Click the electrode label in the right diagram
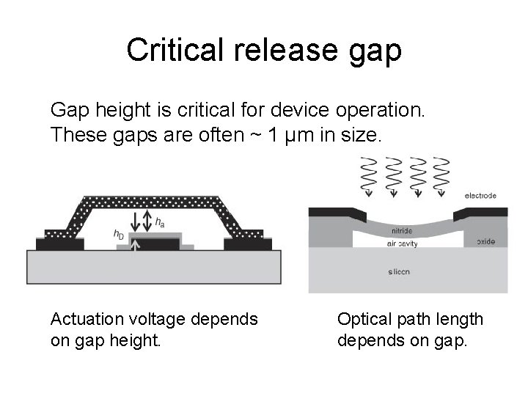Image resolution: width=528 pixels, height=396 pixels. pos(480,196)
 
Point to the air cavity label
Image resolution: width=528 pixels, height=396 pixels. pos(401,244)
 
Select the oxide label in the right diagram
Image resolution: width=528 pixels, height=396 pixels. pos(485,241)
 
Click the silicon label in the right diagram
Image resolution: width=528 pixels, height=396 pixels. pos(400,271)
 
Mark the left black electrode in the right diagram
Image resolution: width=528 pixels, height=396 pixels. pos(330,213)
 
